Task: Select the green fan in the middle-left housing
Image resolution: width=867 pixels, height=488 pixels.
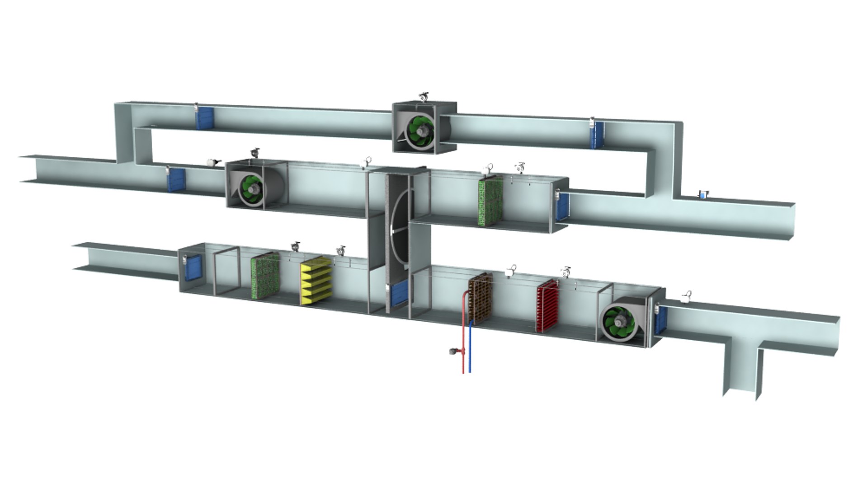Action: pyautogui.click(x=251, y=186)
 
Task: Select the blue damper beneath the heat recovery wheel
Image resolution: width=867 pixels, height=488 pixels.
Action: pyautogui.click(x=400, y=294)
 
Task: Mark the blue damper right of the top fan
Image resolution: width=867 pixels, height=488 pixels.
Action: pyautogui.click(x=598, y=134)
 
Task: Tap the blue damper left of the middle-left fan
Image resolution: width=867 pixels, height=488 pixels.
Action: pyautogui.click(x=176, y=179)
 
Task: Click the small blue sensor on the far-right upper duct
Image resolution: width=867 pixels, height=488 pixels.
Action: pyautogui.click(x=703, y=195)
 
